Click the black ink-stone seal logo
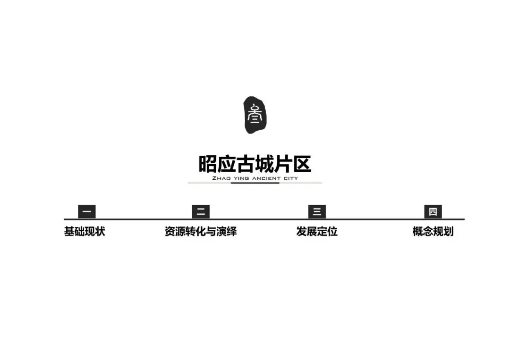click(255, 115)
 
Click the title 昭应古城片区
click(255, 165)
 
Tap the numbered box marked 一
click(86, 212)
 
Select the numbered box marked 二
click(201, 212)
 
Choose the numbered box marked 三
click(317, 212)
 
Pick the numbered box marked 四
click(433, 212)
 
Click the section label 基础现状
click(85, 232)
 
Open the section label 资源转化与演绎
click(201, 232)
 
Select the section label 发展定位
click(317, 232)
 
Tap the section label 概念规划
click(433, 232)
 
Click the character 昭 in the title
click(208, 165)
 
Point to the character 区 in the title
click(302, 165)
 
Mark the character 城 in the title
click(264, 165)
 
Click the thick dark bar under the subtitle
click(255, 183)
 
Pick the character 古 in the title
click(246, 165)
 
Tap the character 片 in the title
click(283, 165)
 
